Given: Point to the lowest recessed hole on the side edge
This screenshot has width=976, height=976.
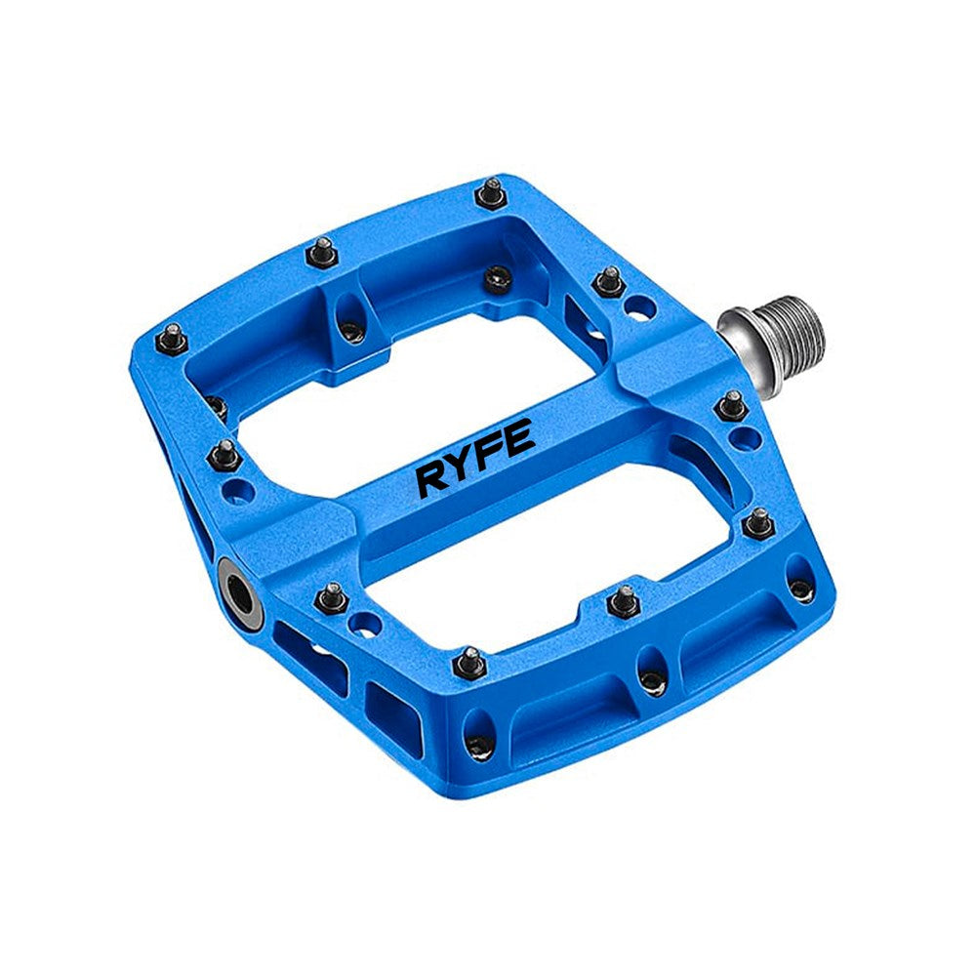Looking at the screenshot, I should pos(478,747).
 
